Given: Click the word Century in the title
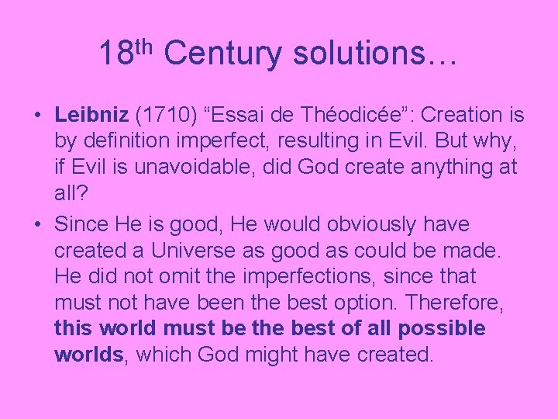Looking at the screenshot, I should pyautogui.click(x=223, y=53).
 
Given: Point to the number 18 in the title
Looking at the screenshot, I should pyautogui.click(x=115, y=54).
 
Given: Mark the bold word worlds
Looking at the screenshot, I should pyautogui.click(x=88, y=355).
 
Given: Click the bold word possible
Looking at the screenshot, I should pyautogui.click(x=442, y=328).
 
